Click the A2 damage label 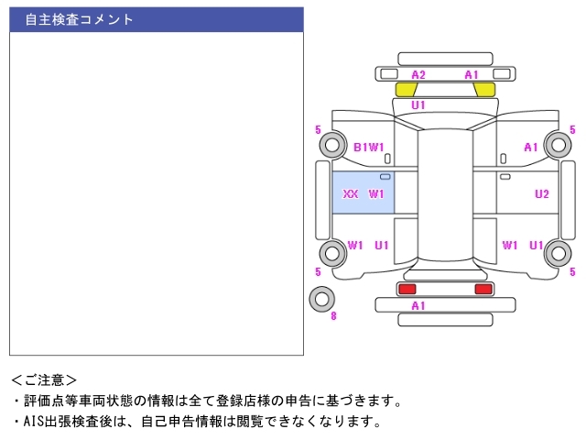(x=418, y=74)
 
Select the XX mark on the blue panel (x=350, y=194)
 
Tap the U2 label (x=542, y=194)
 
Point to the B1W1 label (x=368, y=147)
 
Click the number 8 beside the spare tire (x=333, y=316)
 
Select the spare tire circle (x=321, y=298)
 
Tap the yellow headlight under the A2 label (x=406, y=89)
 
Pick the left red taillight (x=406, y=289)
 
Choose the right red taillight (x=483, y=289)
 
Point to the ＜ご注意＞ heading (x=44, y=379)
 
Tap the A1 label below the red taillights (x=418, y=305)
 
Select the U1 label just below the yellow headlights (x=418, y=105)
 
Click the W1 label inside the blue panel (x=376, y=194)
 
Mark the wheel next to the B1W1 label (x=331, y=145)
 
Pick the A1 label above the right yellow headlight (x=472, y=74)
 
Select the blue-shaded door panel (x=364, y=193)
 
